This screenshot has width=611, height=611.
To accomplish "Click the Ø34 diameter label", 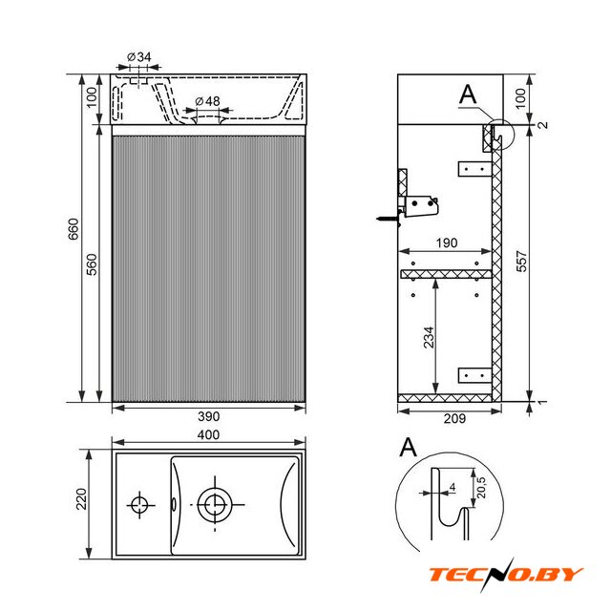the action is click(x=139, y=57).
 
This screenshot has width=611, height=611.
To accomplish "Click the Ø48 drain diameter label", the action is click(x=208, y=101).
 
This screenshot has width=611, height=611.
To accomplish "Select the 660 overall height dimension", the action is click(x=74, y=229).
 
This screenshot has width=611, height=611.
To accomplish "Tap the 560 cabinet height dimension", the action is click(x=92, y=264).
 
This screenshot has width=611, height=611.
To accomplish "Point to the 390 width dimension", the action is click(x=208, y=416).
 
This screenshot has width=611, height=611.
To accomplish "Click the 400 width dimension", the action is click(x=208, y=434).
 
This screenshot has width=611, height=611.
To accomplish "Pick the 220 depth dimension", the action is click(x=81, y=498).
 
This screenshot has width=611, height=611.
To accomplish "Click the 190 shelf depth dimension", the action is click(x=447, y=243).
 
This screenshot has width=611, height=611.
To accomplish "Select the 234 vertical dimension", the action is click(x=429, y=337).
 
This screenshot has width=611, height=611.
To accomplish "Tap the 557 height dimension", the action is click(x=521, y=261).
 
